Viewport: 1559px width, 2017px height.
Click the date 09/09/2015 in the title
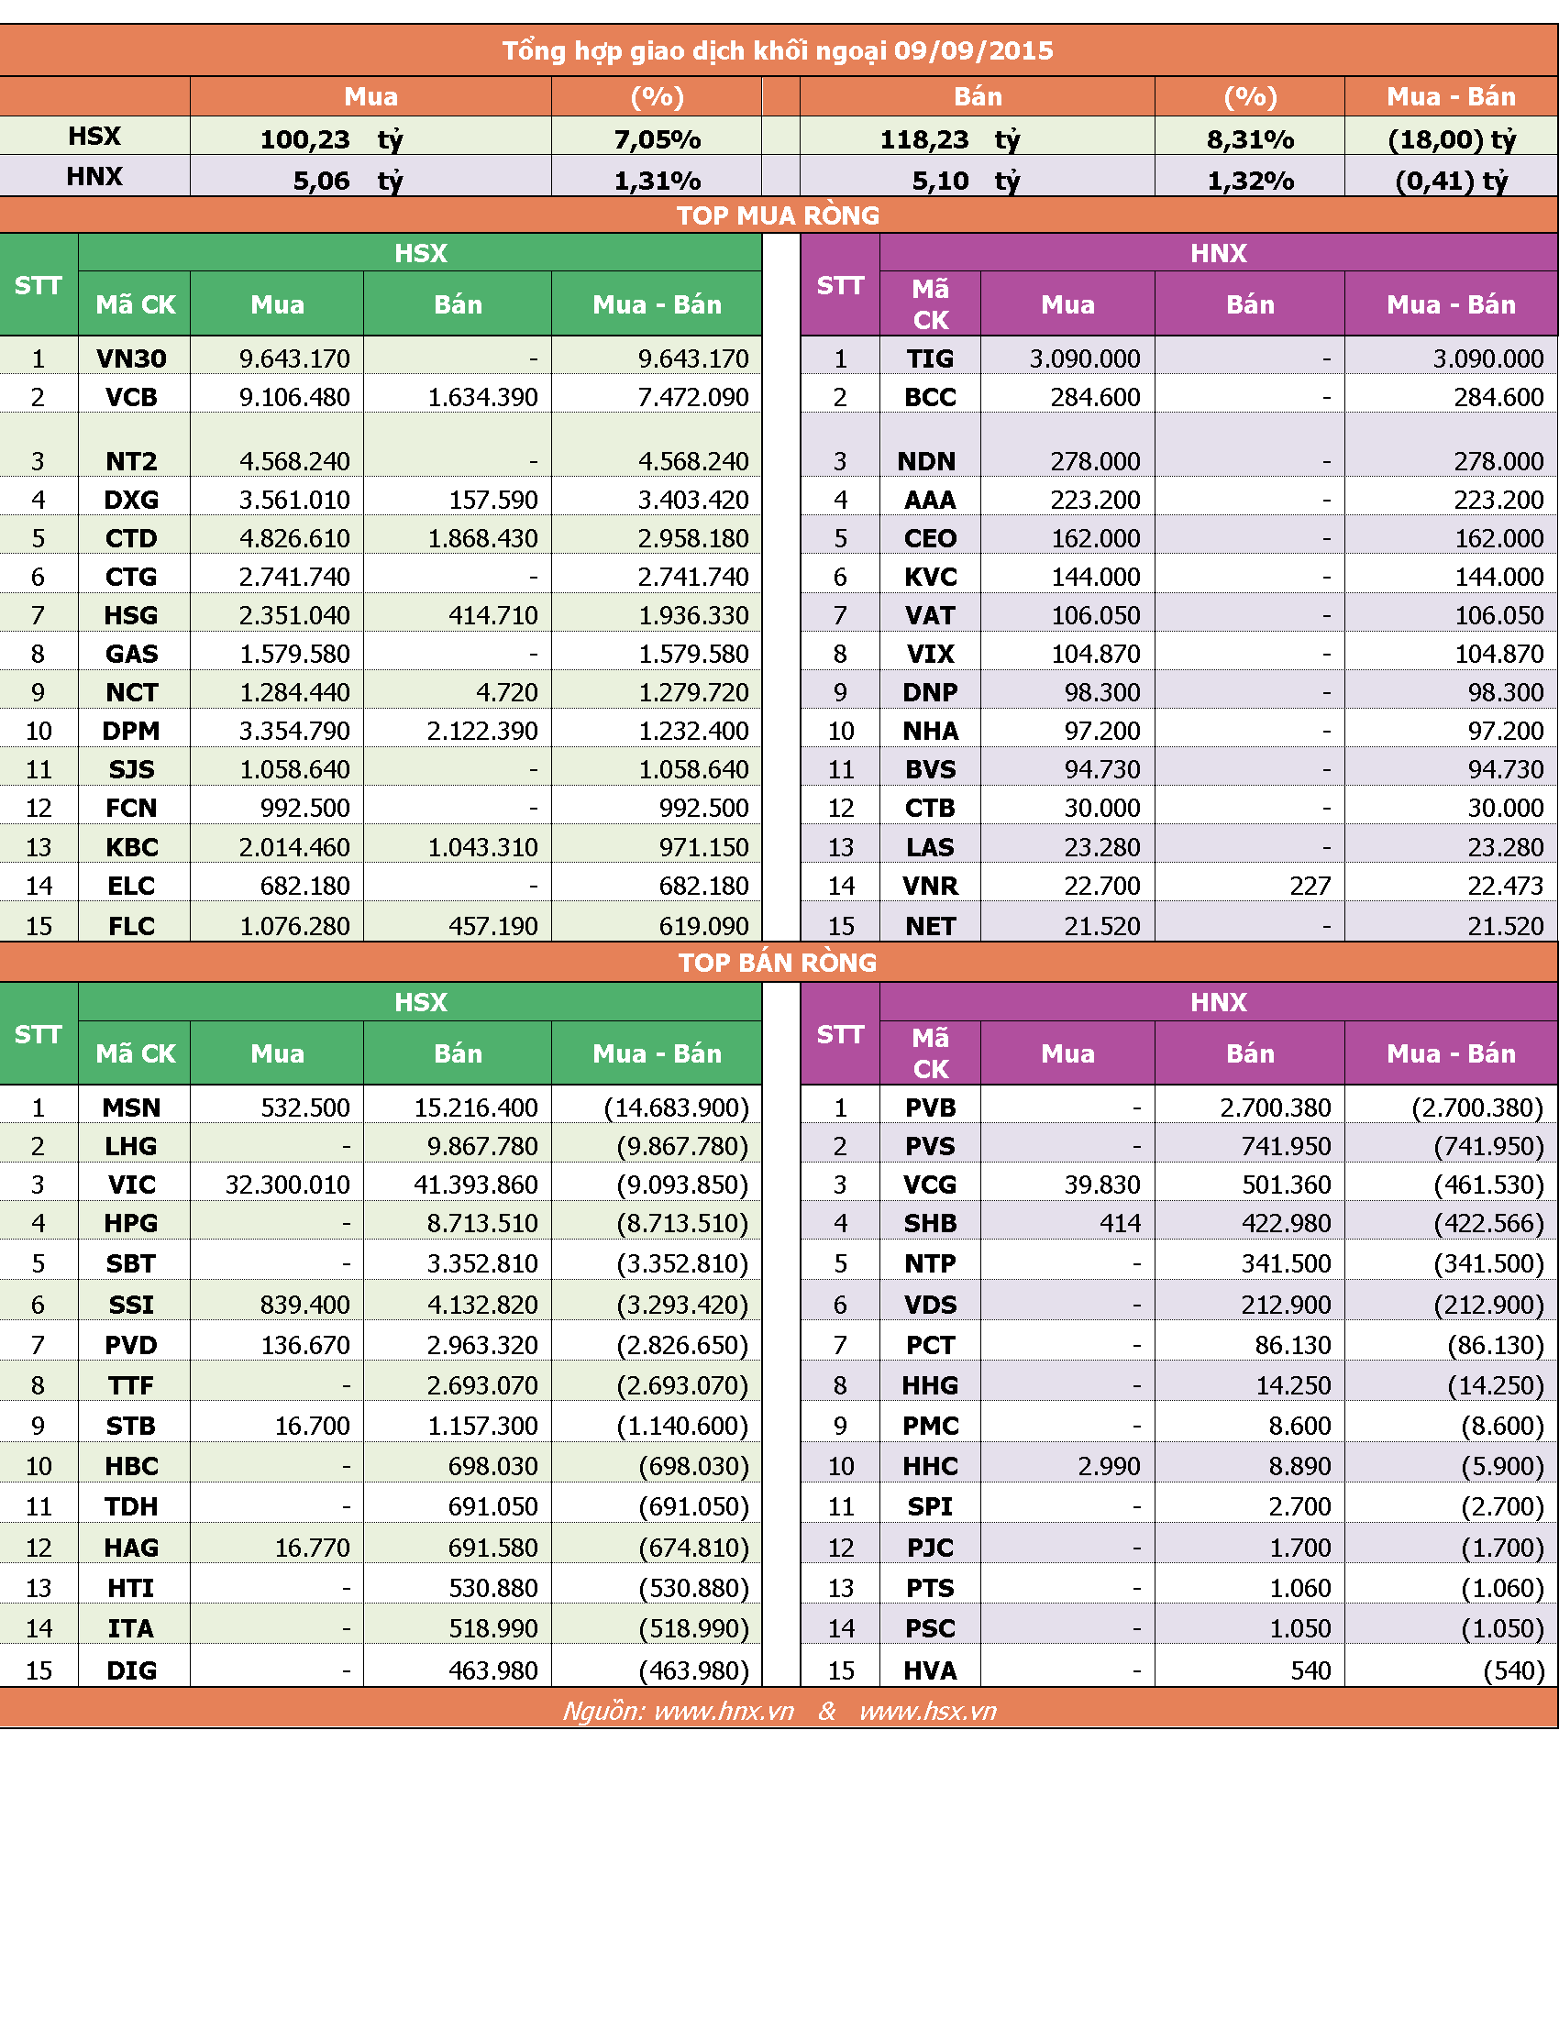[973, 50]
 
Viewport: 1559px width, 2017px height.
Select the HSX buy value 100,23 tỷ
[332, 139]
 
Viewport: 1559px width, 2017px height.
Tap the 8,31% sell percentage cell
[1250, 139]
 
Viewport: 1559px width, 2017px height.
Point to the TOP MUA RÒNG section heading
[778, 215]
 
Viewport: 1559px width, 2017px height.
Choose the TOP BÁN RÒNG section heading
[778, 963]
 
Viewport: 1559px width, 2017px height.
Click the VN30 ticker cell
[131, 358]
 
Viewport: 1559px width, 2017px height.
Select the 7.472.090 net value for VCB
[693, 397]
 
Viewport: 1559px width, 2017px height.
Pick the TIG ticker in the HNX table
[930, 358]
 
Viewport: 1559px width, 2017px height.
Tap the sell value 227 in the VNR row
[1310, 886]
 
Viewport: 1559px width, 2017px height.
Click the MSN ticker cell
[131, 1108]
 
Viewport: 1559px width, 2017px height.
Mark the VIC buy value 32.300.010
[287, 1184]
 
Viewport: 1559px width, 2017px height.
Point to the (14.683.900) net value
[676, 1108]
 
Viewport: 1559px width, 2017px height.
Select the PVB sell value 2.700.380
[1276, 1108]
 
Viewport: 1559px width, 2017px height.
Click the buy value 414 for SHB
[1121, 1223]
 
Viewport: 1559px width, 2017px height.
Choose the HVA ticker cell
[930, 1670]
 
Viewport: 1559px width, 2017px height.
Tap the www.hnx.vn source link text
[724, 1712]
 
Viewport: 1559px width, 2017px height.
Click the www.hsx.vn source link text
[928, 1712]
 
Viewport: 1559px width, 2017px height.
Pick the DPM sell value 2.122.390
[482, 731]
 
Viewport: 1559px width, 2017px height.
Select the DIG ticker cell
[131, 1670]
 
